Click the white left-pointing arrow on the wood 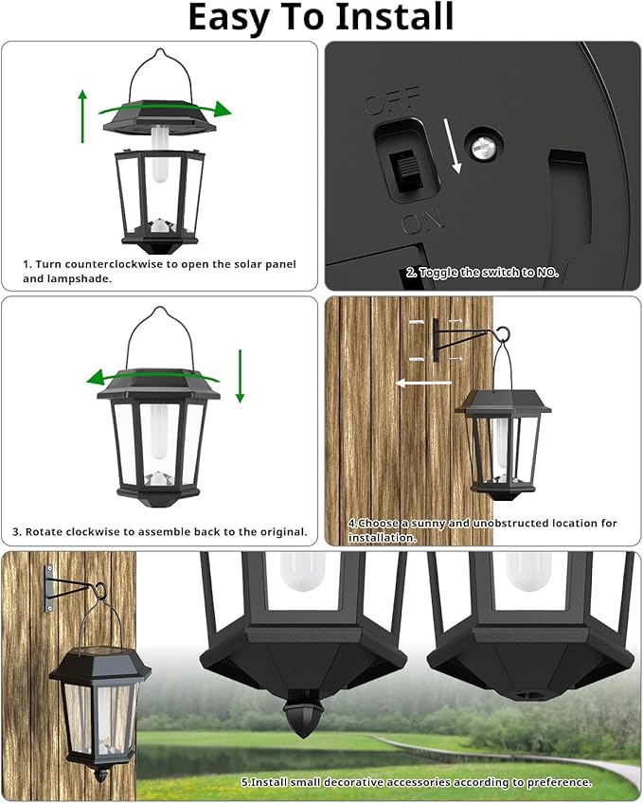tap(425, 384)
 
